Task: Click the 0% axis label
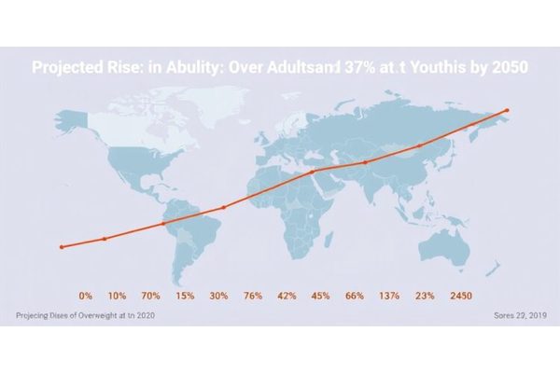[85, 295]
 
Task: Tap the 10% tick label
[118, 295]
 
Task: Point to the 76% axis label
[252, 295]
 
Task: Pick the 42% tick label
[287, 295]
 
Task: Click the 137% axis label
[389, 295]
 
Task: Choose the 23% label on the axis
[425, 295]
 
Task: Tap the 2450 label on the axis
[461, 295]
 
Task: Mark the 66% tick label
[355, 295]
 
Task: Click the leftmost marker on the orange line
[62, 247]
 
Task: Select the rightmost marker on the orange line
[507, 110]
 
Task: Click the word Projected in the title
[69, 68]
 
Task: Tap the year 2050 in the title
[508, 68]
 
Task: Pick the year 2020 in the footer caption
[144, 316]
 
